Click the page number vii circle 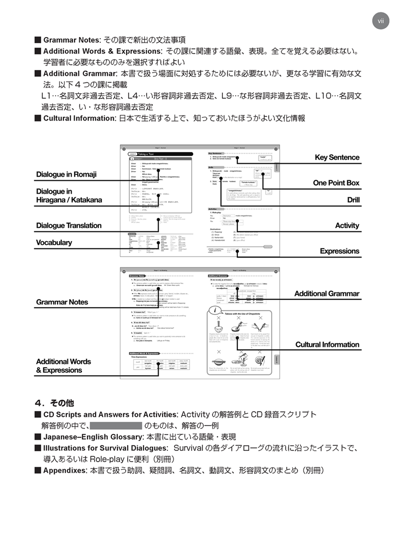[x=381, y=21]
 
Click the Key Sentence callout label [x=337, y=158]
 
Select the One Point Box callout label [x=336, y=183]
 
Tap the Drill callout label [x=353, y=200]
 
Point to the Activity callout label [x=347, y=226]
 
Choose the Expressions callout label [x=339, y=251]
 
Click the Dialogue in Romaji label [x=66, y=175]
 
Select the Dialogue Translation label [x=68, y=226]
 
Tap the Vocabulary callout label [x=54, y=243]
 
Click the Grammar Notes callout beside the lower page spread [x=62, y=302]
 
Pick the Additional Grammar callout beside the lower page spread [x=326, y=294]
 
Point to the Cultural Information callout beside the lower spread [x=327, y=345]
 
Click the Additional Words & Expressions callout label [x=63, y=366]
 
